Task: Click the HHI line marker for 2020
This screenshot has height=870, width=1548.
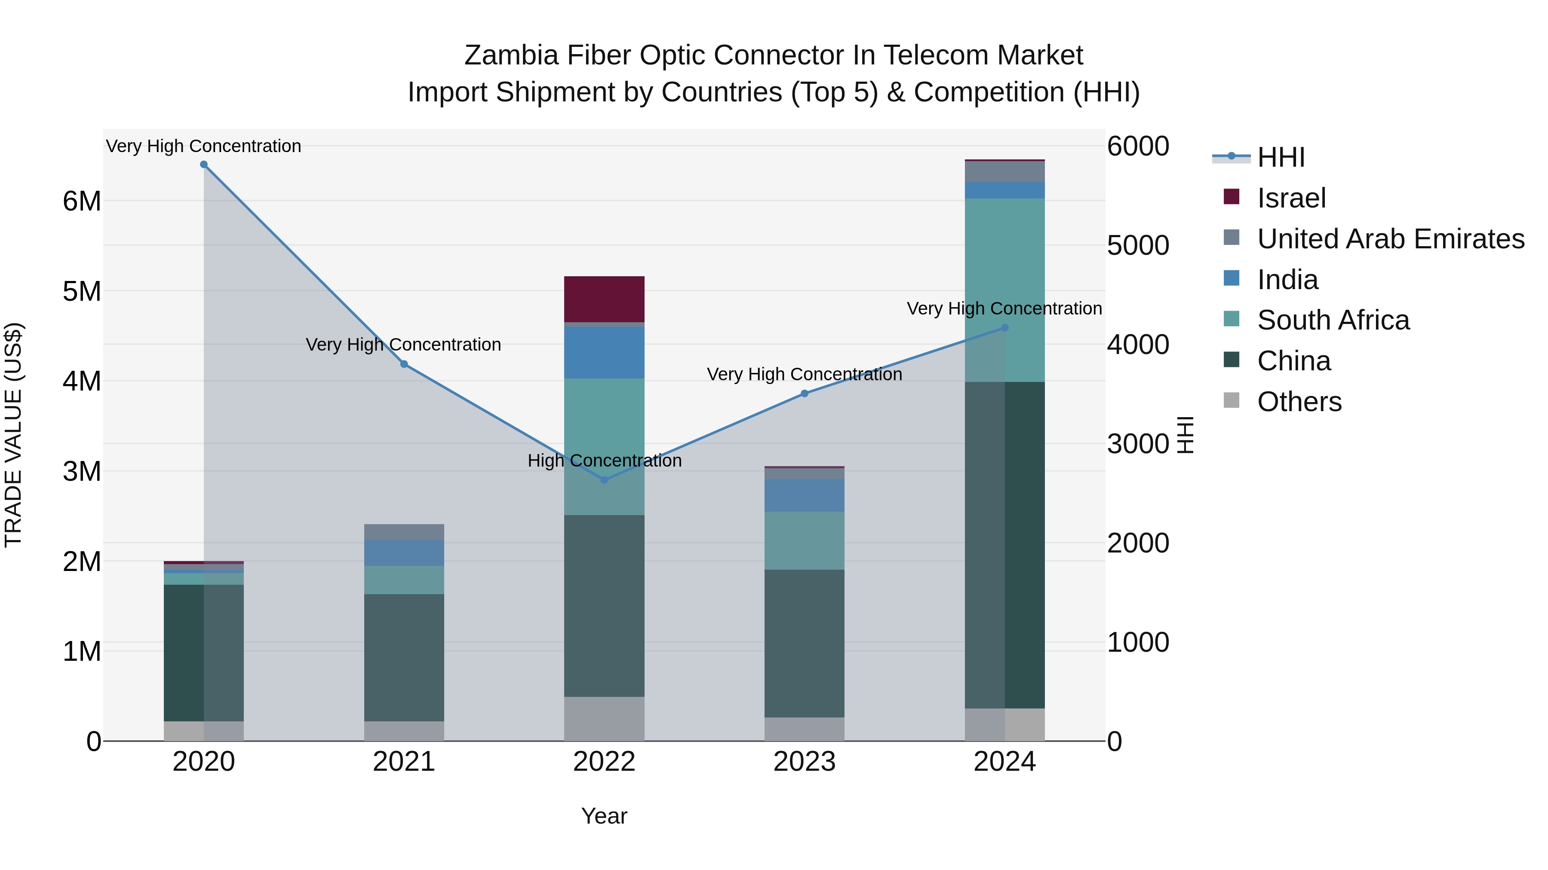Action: pyautogui.click(x=204, y=165)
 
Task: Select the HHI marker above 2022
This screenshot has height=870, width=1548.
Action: pyautogui.click(x=605, y=480)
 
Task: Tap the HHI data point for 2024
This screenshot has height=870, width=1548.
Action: pyautogui.click(x=1005, y=328)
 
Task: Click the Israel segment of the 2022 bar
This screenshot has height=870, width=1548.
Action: pyautogui.click(x=605, y=299)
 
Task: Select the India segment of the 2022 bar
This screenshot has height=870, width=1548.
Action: pyautogui.click(x=605, y=352)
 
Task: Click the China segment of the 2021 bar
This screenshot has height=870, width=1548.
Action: pyautogui.click(x=404, y=657)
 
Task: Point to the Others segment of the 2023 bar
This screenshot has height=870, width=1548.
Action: pyautogui.click(x=804, y=729)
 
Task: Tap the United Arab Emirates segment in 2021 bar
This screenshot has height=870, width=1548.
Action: pyautogui.click(x=404, y=532)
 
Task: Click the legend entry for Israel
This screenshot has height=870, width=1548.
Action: pyautogui.click(x=1291, y=198)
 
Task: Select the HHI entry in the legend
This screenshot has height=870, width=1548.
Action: pyautogui.click(x=1281, y=157)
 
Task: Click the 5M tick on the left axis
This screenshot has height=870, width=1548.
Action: pyautogui.click(x=82, y=291)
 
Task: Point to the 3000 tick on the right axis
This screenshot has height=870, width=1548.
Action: pyautogui.click(x=1137, y=444)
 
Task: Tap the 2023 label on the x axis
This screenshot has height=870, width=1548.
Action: pyautogui.click(x=804, y=762)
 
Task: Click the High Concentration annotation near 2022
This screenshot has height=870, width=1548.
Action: pyautogui.click(x=605, y=461)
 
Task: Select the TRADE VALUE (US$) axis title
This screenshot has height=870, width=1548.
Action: pyautogui.click(x=13, y=435)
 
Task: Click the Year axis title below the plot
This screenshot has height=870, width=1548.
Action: pyautogui.click(x=604, y=816)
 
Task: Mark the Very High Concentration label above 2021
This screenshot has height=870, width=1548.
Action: pyautogui.click(x=403, y=345)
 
